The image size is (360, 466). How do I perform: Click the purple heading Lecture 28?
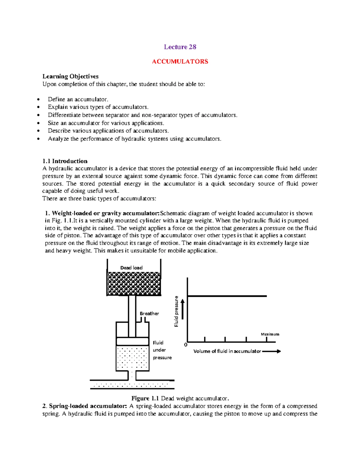tap(180, 47)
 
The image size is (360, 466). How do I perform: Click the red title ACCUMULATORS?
tap(180, 62)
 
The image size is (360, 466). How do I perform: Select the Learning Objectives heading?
tap(70, 77)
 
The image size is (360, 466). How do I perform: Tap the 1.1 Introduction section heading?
tap(65, 161)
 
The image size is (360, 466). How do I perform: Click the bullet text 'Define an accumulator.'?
tap(78, 99)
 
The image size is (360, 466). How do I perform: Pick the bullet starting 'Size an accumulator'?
tap(106, 123)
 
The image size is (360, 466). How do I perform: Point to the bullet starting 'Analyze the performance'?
tap(134, 139)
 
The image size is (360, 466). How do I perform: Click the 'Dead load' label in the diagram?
tap(131, 268)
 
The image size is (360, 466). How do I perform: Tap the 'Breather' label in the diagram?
tap(149, 314)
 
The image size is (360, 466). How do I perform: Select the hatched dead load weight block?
tap(134, 284)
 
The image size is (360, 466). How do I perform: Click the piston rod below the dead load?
tap(132, 315)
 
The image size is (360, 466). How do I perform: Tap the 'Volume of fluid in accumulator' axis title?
tap(227, 351)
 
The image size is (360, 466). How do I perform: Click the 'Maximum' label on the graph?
tap(270, 334)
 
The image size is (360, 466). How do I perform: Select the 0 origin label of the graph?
tap(186, 345)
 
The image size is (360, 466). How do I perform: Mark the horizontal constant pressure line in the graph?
tap(227, 296)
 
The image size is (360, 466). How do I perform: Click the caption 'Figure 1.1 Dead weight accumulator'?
tap(180, 398)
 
